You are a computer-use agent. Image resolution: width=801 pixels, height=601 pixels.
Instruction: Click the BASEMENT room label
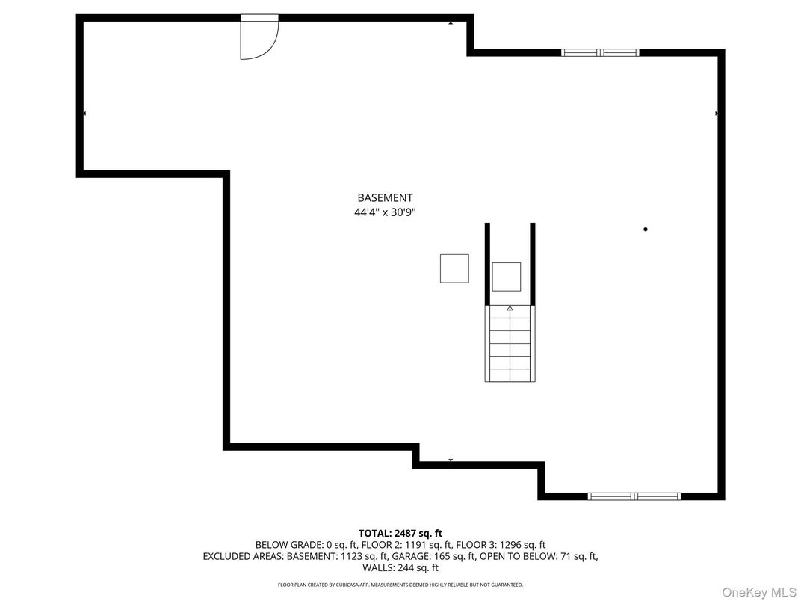385,198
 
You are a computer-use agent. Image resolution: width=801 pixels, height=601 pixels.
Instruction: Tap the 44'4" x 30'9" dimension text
385,212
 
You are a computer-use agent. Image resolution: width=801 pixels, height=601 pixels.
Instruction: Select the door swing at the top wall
259,39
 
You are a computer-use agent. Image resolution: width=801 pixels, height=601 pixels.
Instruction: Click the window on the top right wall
600,52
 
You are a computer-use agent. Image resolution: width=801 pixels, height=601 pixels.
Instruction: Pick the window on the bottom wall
634,496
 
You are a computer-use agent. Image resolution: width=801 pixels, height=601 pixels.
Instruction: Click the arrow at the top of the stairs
510,307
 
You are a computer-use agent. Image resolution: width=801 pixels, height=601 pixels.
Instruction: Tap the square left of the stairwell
454,268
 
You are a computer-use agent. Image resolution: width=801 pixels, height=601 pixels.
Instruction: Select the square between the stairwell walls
507,277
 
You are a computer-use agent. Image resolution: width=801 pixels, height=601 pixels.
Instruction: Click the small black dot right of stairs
646,229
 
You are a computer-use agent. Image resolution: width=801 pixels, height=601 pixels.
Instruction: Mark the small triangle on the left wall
84,114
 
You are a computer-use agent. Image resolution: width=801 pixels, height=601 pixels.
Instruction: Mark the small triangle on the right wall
717,114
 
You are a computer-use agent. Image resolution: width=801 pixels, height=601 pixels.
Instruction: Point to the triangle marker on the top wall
451,24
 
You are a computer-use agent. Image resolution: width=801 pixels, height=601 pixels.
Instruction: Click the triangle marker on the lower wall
451,460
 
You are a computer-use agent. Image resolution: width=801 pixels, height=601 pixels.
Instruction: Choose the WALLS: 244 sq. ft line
400,568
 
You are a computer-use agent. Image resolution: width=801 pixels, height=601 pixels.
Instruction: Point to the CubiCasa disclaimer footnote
400,585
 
